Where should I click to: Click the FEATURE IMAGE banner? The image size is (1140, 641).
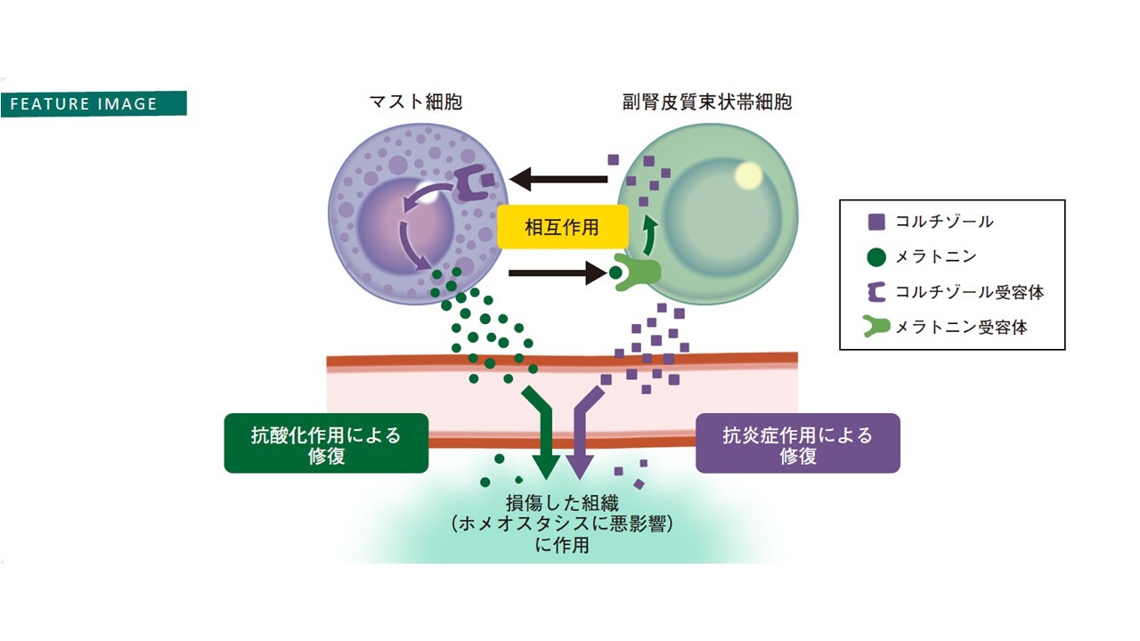[94, 103]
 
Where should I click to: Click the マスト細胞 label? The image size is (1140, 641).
[416, 102]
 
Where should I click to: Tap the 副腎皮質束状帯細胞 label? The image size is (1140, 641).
[707, 102]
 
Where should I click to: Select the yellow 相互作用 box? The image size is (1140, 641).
[562, 227]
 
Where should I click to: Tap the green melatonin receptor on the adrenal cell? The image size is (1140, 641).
[639, 273]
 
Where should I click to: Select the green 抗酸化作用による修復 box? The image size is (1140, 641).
[326, 443]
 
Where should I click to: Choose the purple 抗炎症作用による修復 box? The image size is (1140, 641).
[797, 443]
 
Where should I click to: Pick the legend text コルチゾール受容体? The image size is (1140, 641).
[957, 292]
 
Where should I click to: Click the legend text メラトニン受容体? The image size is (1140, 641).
[949, 328]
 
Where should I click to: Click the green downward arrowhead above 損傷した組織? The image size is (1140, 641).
[546, 465]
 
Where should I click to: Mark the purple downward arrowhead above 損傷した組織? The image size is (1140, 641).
[580, 465]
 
